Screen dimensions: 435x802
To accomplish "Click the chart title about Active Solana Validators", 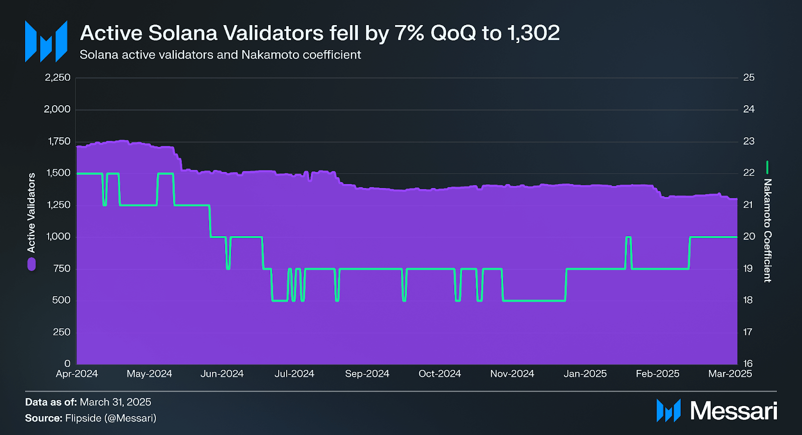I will pyautogui.click(x=320, y=33).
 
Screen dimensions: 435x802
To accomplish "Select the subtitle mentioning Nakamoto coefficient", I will pyautogui.click(x=220, y=55).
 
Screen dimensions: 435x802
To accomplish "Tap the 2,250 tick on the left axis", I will pyautogui.click(x=58, y=78).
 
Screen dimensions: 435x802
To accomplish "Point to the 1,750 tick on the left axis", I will pyautogui.click(x=59, y=141).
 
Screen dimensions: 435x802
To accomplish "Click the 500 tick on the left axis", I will pyautogui.click(x=61, y=300).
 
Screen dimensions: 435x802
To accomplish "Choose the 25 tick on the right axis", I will pyautogui.click(x=748, y=78).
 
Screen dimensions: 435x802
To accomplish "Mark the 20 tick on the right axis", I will pyautogui.click(x=748, y=237).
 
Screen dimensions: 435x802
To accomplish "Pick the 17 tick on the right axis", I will pyautogui.click(x=748, y=332).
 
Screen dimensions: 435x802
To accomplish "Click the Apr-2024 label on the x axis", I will pyautogui.click(x=77, y=374).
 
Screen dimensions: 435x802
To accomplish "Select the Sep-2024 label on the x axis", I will pyautogui.click(x=367, y=374).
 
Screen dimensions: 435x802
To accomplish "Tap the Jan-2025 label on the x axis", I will pyautogui.click(x=585, y=374).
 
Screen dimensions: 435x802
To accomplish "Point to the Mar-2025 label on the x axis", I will pyautogui.click(x=730, y=374).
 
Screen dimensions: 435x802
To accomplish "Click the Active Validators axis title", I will pyautogui.click(x=32, y=212).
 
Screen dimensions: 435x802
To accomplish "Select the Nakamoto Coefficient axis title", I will pyautogui.click(x=767, y=231).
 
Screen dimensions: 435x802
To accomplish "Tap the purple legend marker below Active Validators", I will pyautogui.click(x=32, y=264).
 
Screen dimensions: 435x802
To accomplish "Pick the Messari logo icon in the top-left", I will pyautogui.click(x=46, y=42).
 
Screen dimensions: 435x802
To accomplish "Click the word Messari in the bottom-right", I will pyautogui.click(x=733, y=411).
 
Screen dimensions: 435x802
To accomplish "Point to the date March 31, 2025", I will pyautogui.click(x=115, y=402).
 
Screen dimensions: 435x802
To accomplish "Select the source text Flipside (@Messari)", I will pyautogui.click(x=111, y=418).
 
